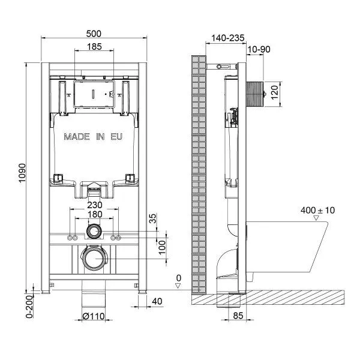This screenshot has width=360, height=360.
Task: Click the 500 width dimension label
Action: pos(94,34)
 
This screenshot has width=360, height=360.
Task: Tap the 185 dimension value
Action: pos(94,47)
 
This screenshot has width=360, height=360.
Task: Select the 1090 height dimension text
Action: pos(22,173)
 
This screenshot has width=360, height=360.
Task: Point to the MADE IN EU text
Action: pos(93,137)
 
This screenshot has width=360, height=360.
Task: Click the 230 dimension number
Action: pos(95,205)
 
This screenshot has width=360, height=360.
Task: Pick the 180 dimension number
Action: pos(95,214)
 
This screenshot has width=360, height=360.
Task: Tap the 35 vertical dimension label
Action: pos(152,218)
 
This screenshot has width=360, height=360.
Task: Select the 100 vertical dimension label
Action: pos(162,247)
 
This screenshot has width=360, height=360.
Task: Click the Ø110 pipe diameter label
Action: pos(94,316)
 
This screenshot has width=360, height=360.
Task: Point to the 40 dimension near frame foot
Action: pos(157,301)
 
